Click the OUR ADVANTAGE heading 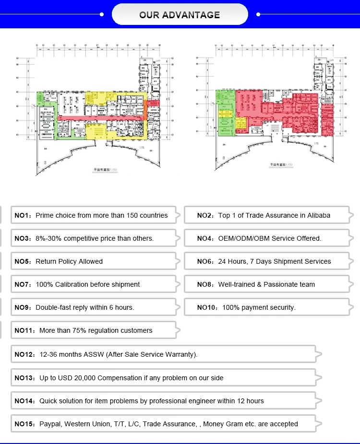(x=180, y=15)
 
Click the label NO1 (x=22, y=215)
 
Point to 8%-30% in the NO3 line (x=48, y=238)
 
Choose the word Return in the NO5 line (x=46, y=261)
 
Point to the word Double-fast (x=56, y=307)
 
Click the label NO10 (x=207, y=307)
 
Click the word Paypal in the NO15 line (x=50, y=424)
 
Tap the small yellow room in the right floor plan (x=241, y=126)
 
